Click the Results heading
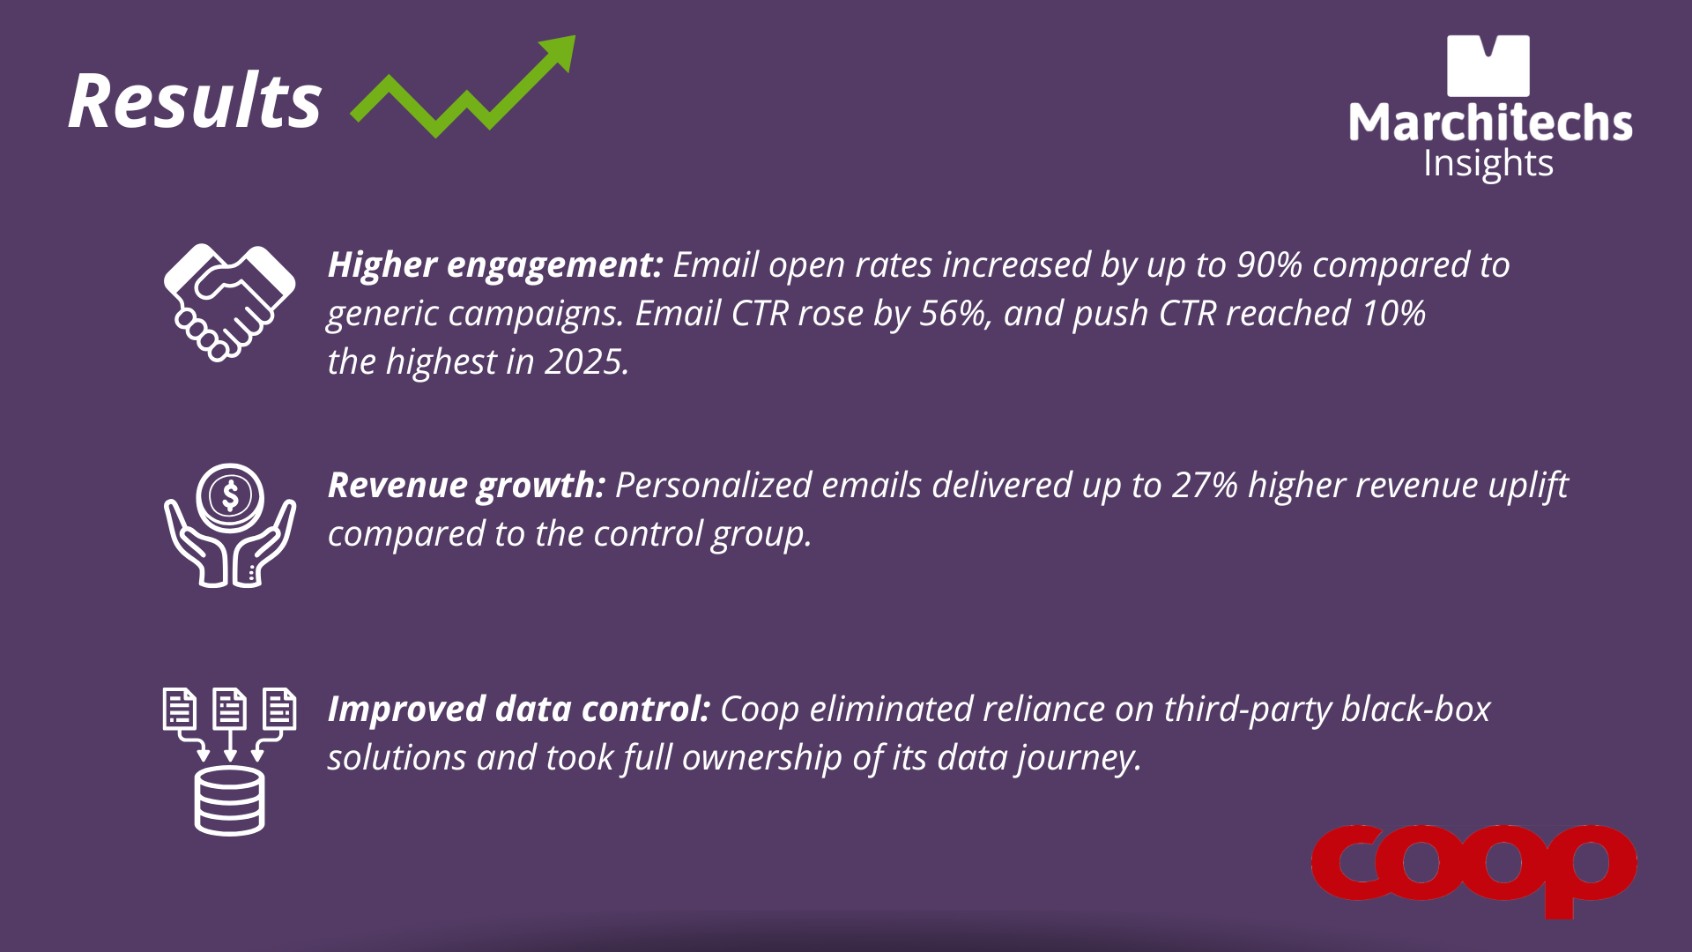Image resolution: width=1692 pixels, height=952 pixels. click(195, 100)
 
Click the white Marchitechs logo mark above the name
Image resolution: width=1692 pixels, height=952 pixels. click(1488, 66)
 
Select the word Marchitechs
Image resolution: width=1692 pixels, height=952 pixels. click(1490, 123)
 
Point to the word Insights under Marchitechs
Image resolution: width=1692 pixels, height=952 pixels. click(1488, 164)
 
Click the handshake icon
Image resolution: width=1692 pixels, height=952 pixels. click(229, 302)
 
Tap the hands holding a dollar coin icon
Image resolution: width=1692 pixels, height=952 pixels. click(230, 525)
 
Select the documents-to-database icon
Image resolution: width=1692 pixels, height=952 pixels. click(230, 761)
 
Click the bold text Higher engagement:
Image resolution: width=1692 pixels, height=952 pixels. click(495, 265)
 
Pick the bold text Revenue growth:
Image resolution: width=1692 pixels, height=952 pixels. click(466, 486)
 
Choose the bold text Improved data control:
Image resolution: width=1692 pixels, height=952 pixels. click(519, 709)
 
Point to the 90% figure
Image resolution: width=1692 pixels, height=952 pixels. click(1269, 264)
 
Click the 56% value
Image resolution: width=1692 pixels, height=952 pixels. click(954, 314)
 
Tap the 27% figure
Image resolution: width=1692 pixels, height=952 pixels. click(1205, 485)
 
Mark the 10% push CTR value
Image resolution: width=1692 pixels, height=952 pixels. click(1393, 314)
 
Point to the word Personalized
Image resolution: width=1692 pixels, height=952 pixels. click(713, 486)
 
